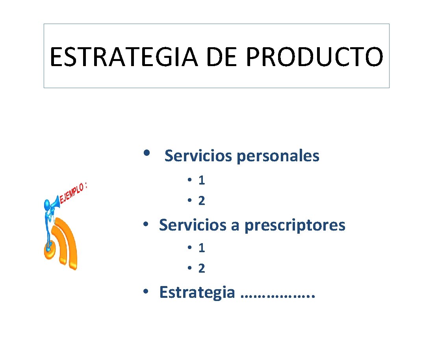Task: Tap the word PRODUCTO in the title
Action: pos(314,56)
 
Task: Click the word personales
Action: pos(278,157)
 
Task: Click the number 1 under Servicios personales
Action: pos(202,180)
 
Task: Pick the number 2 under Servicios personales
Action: pos(202,201)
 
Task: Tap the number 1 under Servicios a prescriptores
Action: pos(202,248)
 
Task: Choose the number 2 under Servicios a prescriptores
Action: pos(202,269)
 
